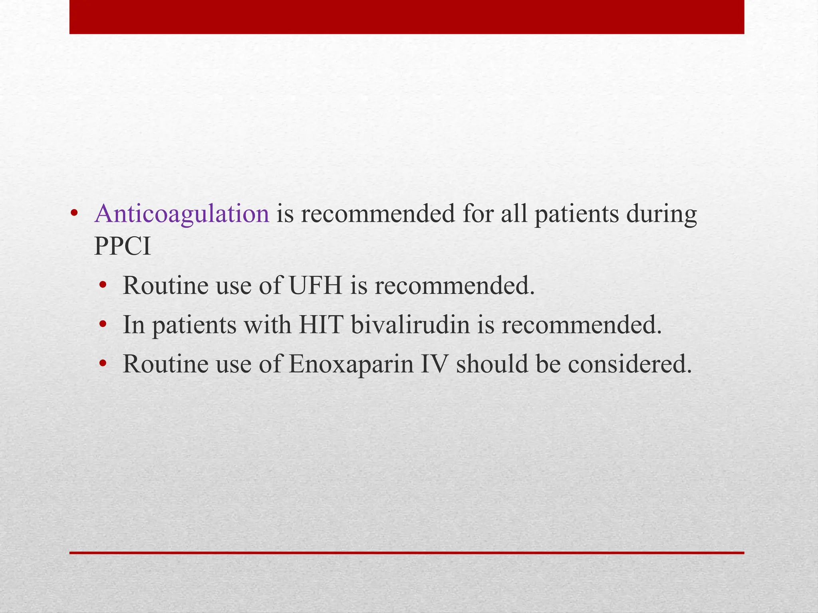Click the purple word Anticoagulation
point(182,214)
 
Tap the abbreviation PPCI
point(122,246)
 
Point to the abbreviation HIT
point(321,324)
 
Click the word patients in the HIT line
point(194,325)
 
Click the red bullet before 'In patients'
point(103,324)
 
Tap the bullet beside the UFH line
point(103,285)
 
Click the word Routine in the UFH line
point(165,285)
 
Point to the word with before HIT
point(267,324)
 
